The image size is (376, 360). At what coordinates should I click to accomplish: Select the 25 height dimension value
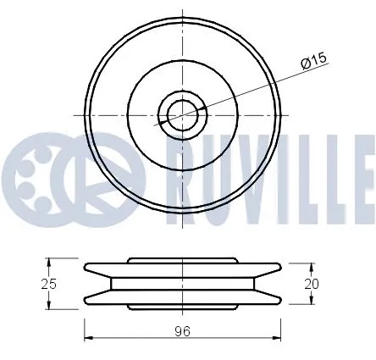[x=50, y=284]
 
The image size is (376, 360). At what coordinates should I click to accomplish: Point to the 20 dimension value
[x=312, y=285]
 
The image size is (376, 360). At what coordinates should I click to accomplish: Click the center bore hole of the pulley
[x=180, y=114]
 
